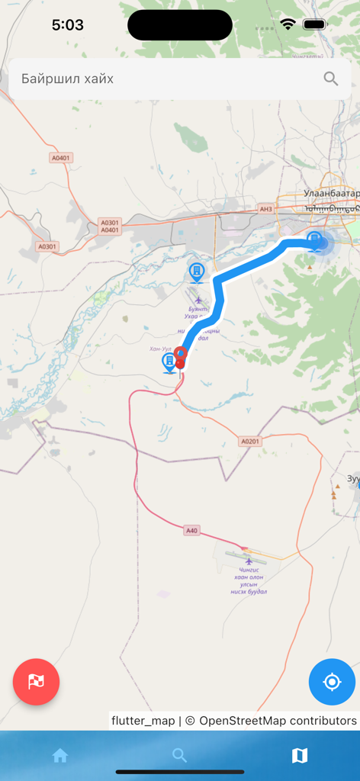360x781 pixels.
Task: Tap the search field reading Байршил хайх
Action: [153, 79]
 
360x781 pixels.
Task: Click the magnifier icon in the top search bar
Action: [331, 79]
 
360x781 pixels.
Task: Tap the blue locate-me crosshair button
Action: [332, 682]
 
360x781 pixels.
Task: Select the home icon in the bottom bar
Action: [60, 756]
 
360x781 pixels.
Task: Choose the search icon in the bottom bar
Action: [180, 756]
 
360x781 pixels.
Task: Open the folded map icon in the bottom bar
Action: [300, 756]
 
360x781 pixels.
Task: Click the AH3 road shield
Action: [265, 209]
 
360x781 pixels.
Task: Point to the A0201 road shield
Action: [250, 442]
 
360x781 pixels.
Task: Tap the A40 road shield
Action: [191, 529]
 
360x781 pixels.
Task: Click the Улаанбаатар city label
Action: [330, 194]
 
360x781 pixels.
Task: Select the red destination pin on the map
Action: [181, 356]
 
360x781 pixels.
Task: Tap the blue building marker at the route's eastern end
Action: [314, 241]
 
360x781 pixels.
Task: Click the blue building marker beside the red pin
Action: [169, 362]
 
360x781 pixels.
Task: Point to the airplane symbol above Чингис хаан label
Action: [249, 562]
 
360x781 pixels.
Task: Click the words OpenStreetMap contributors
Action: [278, 721]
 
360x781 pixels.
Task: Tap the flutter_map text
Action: [143, 721]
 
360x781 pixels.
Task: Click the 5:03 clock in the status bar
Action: [68, 25]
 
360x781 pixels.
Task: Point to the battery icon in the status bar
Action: [314, 24]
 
